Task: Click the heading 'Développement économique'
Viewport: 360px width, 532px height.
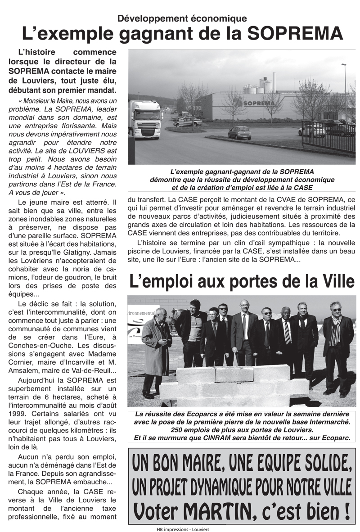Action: (182, 18)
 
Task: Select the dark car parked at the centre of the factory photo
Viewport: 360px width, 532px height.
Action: (239, 132)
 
